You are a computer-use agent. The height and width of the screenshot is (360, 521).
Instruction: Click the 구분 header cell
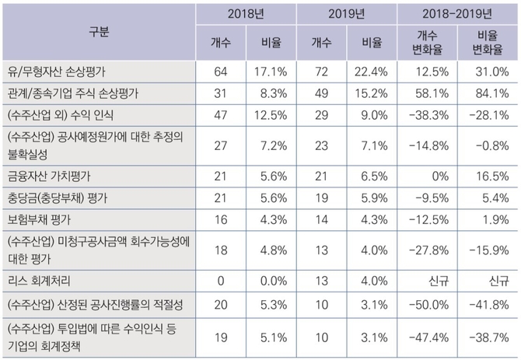click(x=99, y=31)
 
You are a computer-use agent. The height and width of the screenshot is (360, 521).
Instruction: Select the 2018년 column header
click(x=246, y=13)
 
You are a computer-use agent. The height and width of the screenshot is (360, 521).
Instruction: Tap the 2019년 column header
click(x=346, y=13)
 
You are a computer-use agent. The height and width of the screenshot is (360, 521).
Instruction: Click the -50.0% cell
click(x=428, y=302)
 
